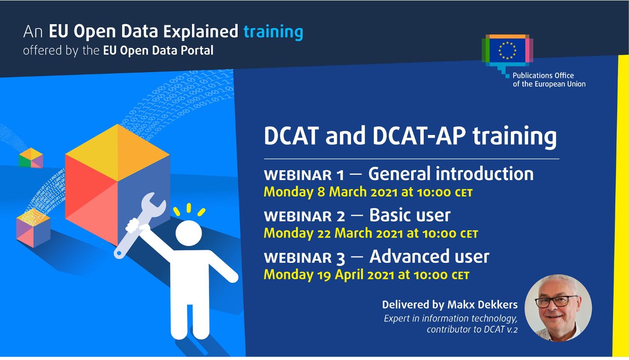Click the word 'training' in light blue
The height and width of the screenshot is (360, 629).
click(x=273, y=32)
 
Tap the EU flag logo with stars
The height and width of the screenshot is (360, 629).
click(x=507, y=51)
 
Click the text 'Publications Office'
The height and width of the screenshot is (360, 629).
click(x=543, y=75)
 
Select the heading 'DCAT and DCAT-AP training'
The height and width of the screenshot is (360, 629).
click(x=410, y=136)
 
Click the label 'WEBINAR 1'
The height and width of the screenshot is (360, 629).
click(x=304, y=175)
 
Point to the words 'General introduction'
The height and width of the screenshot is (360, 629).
click(x=451, y=174)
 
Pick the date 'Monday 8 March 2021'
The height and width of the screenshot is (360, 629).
click(x=330, y=192)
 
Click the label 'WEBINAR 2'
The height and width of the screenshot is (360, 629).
click(x=304, y=216)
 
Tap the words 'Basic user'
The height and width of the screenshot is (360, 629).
click(x=410, y=215)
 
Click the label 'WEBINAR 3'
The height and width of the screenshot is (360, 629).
click(x=304, y=258)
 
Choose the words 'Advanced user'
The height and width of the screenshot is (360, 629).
click(x=429, y=257)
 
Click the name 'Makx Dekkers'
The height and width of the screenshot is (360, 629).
click(x=482, y=305)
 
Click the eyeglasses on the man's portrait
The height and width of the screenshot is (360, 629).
click(x=553, y=301)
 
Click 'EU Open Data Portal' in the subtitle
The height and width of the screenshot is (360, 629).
click(x=158, y=51)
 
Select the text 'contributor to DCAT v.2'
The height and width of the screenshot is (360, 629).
click(x=472, y=329)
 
